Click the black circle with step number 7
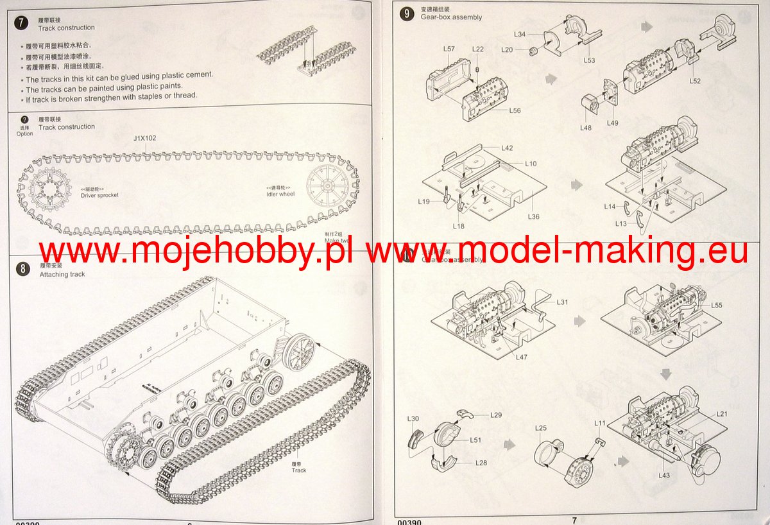(22, 23)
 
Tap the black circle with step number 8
(23, 269)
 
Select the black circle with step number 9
(406, 14)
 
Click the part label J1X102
(144, 138)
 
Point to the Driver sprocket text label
(99, 194)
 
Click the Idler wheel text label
(280, 194)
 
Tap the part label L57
(449, 49)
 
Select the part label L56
(515, 110)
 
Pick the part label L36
(533, 216)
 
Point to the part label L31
(562, 302)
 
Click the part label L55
(716, 305)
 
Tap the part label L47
(521, 357)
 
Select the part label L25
(541, 427)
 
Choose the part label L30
(413, 418)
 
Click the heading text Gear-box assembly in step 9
(451, 17)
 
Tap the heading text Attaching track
(62, 274)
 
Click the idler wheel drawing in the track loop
(330, 186)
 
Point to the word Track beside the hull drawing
(299, 470)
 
